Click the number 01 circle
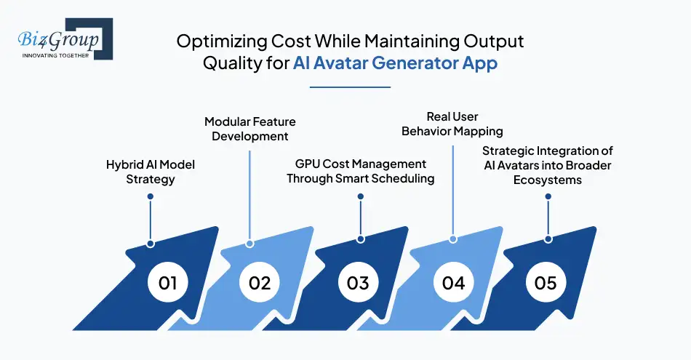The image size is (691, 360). tap(168, 282)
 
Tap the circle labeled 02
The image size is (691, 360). tap(260, 282)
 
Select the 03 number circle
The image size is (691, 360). tap(358, 282)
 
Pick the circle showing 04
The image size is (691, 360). tap(453, 282)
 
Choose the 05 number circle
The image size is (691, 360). tap(545, 282)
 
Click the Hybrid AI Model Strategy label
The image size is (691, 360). tap(150, 172)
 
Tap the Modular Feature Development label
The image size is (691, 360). tap(249, 129)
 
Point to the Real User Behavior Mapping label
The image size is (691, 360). tap(452, 124)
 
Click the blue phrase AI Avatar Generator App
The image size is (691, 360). tap(396, 63)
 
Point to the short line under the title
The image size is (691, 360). tap(350, 87)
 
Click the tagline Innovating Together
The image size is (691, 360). tap(55, 55)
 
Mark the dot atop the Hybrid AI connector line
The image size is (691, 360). tap(150, 196)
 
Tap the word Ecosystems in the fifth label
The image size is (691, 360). tap(548, 179)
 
